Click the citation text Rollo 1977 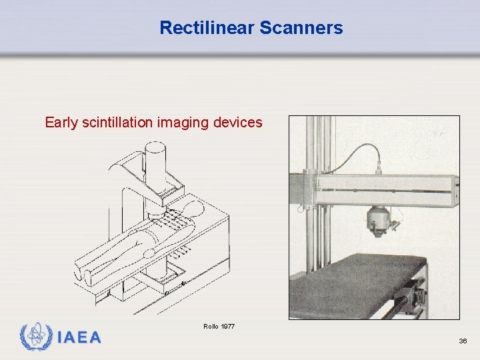point(219,326)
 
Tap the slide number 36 point(463,341)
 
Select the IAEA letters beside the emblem point(79,337)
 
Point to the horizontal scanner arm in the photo point(387,188)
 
